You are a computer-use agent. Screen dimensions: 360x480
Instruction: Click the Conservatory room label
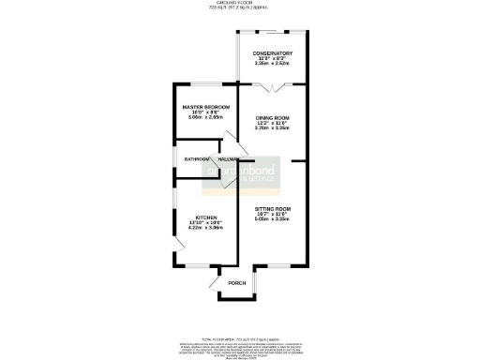tap(273, 52)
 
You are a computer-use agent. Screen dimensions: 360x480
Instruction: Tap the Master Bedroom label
tap(206, 108)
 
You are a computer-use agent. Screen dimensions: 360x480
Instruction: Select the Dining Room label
tap(273, 117)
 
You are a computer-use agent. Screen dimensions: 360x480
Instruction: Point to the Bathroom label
tap(196, 159)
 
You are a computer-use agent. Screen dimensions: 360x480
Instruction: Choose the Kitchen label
tap(206, 216)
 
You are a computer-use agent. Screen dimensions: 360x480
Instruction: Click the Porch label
tap(237, 283)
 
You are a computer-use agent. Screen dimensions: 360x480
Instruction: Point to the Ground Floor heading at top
tap(239, 3)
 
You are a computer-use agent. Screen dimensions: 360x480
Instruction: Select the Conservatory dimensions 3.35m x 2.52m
tap(273, 65)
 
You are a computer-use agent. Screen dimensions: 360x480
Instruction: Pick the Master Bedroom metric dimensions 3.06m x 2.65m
tap(206, 119)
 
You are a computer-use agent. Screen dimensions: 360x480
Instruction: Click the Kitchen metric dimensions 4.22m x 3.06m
tap(206, 228)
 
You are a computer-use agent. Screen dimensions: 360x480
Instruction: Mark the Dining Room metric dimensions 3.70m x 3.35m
tap(273, 128)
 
